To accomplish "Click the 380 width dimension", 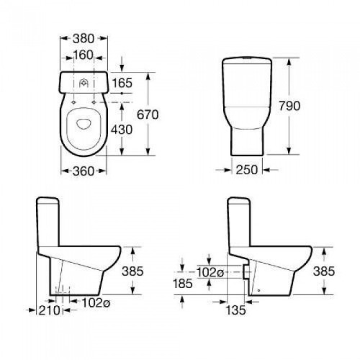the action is click(84, 39).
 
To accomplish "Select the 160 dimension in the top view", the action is click(83, 55).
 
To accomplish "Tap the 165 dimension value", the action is click(122, 83).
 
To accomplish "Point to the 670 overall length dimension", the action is click(148, 114).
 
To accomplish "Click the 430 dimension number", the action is click(122, 130).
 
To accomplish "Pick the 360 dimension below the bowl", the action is click(84, 171).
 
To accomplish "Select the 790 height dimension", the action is click(289, 106).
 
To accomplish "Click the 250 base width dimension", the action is click(247, 170).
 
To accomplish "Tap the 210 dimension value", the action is click(49, 310).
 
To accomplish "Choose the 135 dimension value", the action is click(236, 310).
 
